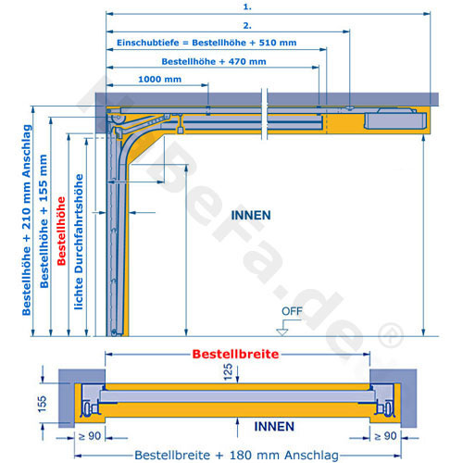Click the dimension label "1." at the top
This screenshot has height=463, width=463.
[247, 6]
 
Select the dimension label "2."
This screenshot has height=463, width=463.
[247, 25]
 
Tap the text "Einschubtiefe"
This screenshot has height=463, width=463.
[148, 43]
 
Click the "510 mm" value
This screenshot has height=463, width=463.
[278, 43]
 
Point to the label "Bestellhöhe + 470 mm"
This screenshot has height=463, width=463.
[214, 61]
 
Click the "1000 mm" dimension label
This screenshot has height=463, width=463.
[159, 80]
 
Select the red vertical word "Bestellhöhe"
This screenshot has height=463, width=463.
[61, 231]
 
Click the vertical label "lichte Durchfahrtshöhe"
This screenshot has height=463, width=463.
[79, 242]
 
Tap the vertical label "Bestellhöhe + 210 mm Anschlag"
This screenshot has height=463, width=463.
[27, 219]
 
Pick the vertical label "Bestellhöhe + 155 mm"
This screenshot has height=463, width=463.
[44, 221]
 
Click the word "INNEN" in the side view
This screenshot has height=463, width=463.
[251, 215]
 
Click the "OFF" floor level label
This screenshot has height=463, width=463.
[292, 311]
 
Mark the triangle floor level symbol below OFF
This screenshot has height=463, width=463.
[282, 332]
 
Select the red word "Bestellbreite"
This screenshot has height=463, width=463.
[235, 354]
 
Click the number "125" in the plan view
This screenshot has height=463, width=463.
[228, 371]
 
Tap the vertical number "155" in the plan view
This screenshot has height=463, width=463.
[42, 404]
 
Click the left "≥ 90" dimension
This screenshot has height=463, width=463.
[90, 436]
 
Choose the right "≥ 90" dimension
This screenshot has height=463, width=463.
[385, 436]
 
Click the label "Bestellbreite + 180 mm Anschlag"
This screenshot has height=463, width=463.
[237, 455]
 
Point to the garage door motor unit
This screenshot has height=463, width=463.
[395, 119]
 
